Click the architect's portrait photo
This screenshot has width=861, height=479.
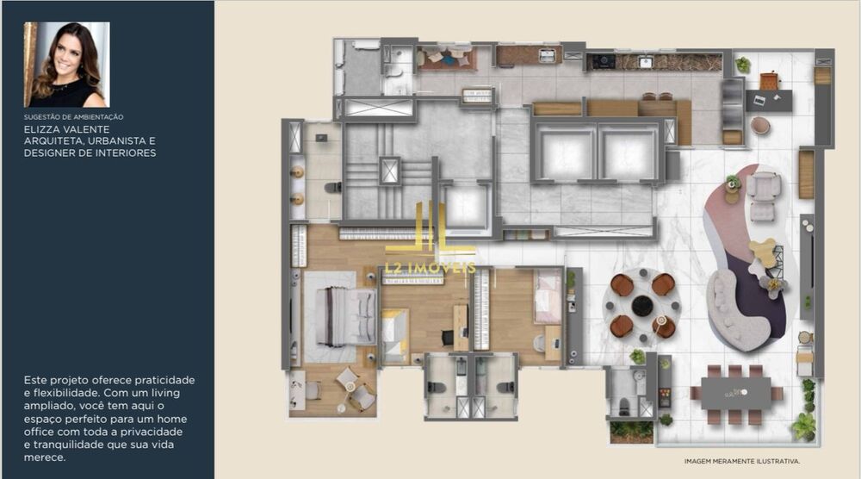(x=66, y=65)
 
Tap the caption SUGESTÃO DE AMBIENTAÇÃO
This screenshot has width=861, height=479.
(x=74, y=116)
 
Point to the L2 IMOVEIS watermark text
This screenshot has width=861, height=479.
(x=430, y=268)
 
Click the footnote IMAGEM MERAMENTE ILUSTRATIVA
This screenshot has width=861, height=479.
(x=742, y=461)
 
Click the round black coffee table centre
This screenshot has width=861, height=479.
(x=642, y=305)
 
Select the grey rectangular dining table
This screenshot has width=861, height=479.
(x=736, y=393)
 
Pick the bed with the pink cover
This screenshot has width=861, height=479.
(x=548, y=295)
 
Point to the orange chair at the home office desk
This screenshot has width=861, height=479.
(x=769, y=81)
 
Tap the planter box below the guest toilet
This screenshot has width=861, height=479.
(x=631, y=429)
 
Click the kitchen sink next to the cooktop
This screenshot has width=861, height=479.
(x=645, y=62)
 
